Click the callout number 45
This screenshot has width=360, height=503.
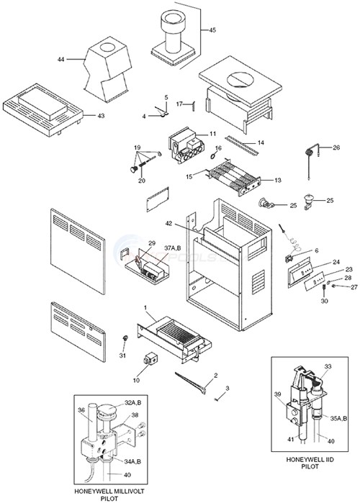point(212,30)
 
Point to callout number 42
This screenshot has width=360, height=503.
point(168,224)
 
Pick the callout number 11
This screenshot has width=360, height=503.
point(212,134)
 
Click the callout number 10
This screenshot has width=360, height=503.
point(137,379)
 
